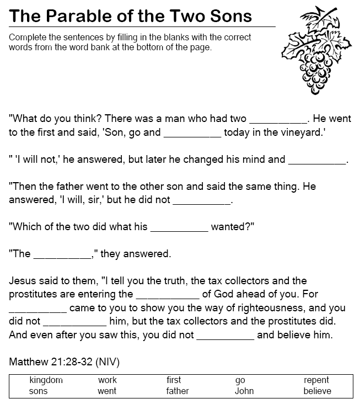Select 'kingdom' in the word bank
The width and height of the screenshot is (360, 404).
click(x=46, y=380)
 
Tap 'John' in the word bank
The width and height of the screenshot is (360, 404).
click(x=244, y=391)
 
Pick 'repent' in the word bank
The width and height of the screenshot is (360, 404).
click(x=316, y=380)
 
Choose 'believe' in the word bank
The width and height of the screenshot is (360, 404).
click(x=317, y=391)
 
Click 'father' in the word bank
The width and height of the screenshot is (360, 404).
click(x=178, y=391)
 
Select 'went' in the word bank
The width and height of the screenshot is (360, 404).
click(x=108, y=391)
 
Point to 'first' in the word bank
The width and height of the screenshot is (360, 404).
click(x=174, y=380)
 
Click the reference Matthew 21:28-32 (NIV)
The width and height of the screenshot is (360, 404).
click(x=65, y=363)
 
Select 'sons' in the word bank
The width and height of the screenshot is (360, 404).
click(x=39, y=391)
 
